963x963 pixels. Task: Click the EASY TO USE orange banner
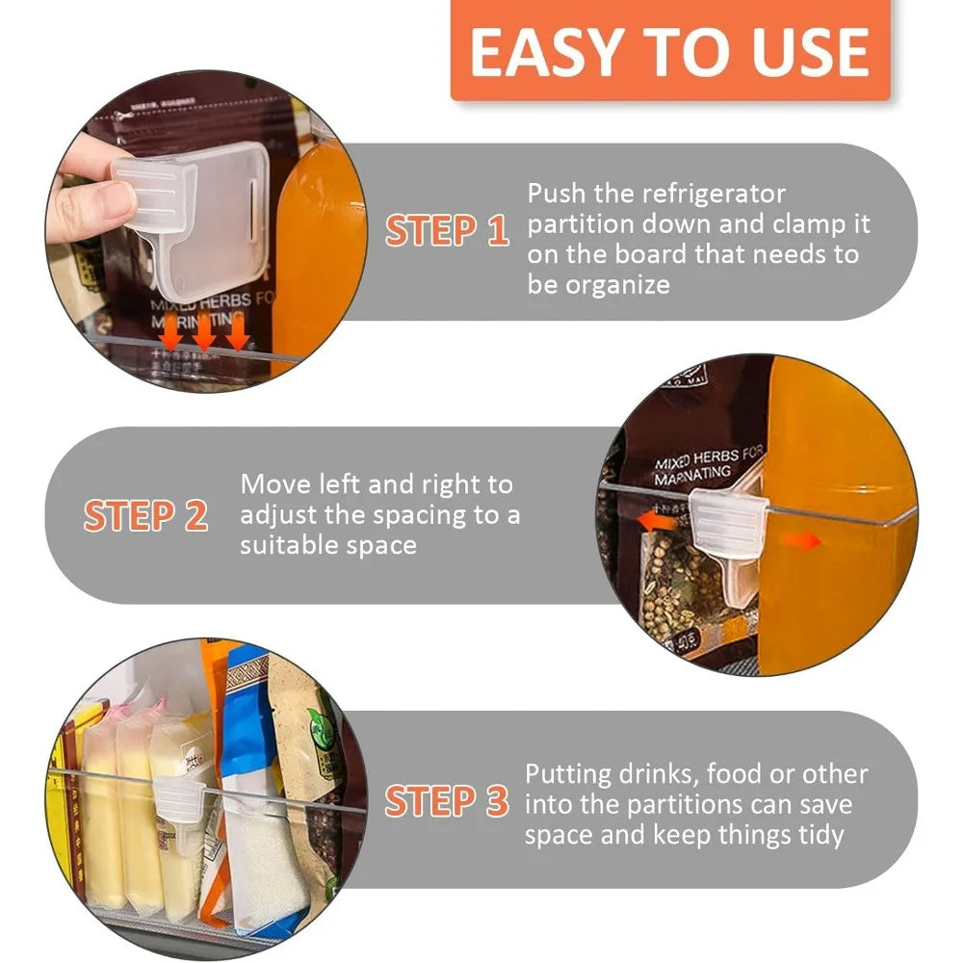(x=670, y=51)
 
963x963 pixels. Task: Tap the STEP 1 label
(x=447, y=231)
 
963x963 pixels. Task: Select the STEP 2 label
(x=145, y=516)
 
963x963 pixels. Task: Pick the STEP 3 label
(x=447, y=801)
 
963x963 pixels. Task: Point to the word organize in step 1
(x=616, y=286)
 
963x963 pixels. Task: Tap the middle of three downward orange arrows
(x=203, y=335)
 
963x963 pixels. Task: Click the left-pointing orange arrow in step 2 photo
(x=658, y=521)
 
